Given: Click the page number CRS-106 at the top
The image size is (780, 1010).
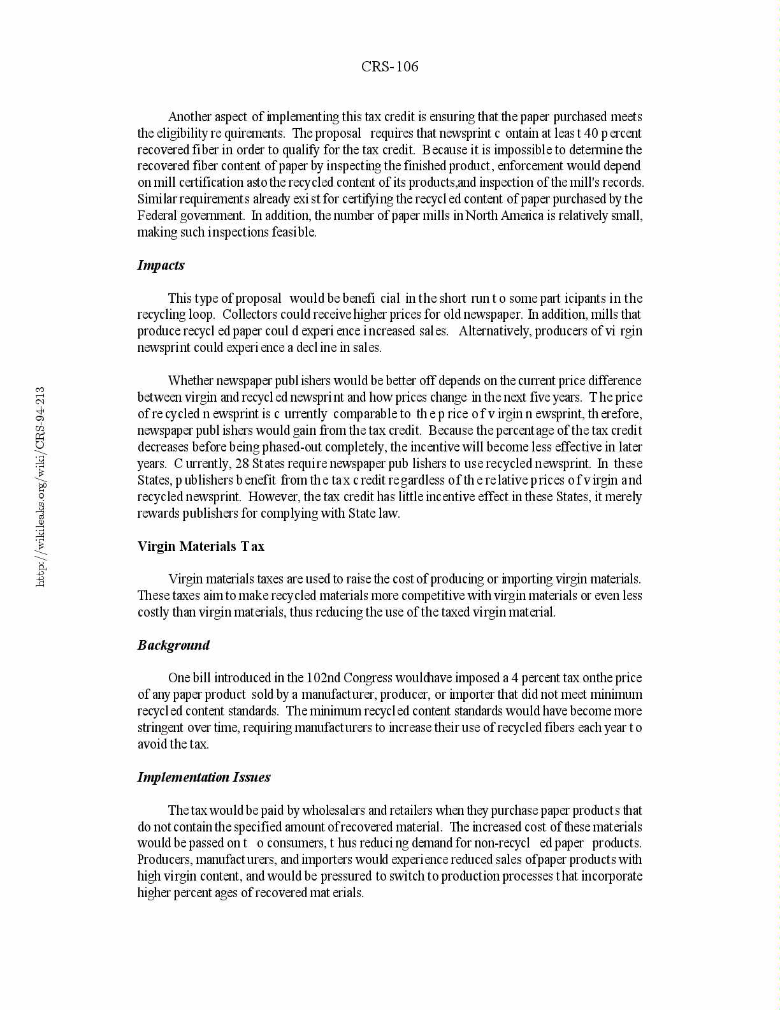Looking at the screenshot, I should (x=389, y=66).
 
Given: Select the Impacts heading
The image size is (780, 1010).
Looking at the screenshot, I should (x=161, y=265).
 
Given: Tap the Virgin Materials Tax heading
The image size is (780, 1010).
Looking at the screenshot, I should (x=201, y=546).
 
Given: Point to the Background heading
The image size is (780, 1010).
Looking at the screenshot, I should (x=173, y=645).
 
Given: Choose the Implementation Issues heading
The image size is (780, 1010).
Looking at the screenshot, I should (x=204, y=777).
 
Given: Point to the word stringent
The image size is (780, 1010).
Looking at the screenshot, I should (x=159, y=728).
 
